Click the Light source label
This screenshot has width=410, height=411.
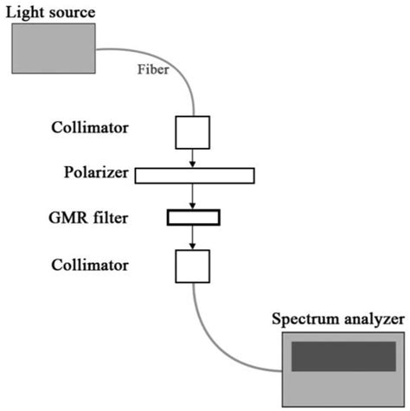(x=50, y=12)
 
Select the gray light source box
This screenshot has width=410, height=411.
(x=54, y=48)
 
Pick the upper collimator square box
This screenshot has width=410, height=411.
(x=193, y=132)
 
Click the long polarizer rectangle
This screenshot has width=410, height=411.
(x=195, y=175)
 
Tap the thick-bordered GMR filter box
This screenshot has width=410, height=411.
(x=194, y=216)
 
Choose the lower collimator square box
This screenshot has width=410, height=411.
(x=193, y=266)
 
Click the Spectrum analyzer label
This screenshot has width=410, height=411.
(x=338, y=319)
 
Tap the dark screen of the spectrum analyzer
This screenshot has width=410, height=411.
(x=343, y=356)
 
